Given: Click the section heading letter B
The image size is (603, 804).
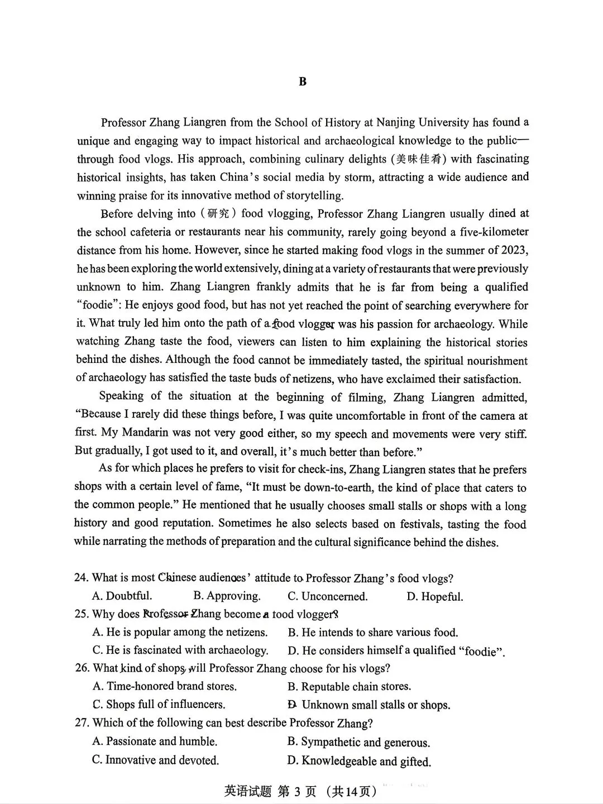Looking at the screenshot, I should pos(303,82).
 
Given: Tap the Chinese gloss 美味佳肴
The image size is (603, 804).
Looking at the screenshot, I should pos(419,159).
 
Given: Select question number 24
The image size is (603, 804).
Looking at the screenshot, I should pos(82,578).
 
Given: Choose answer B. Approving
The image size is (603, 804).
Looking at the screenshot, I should pos(227,596).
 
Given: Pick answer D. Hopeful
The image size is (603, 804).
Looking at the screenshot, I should pos(435,596).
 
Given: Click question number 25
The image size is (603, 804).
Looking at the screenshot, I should pos(82,614).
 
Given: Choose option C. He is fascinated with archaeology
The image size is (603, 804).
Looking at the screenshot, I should pos(180,650).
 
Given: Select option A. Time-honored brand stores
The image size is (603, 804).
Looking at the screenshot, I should pos(165,686).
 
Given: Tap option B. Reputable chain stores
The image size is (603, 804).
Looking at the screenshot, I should pos(350,686).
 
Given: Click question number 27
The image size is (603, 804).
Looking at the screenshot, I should pos(82,723).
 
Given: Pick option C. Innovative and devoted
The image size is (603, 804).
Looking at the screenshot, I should pos(156,760).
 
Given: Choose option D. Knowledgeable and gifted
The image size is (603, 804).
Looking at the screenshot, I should pos(359,761).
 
